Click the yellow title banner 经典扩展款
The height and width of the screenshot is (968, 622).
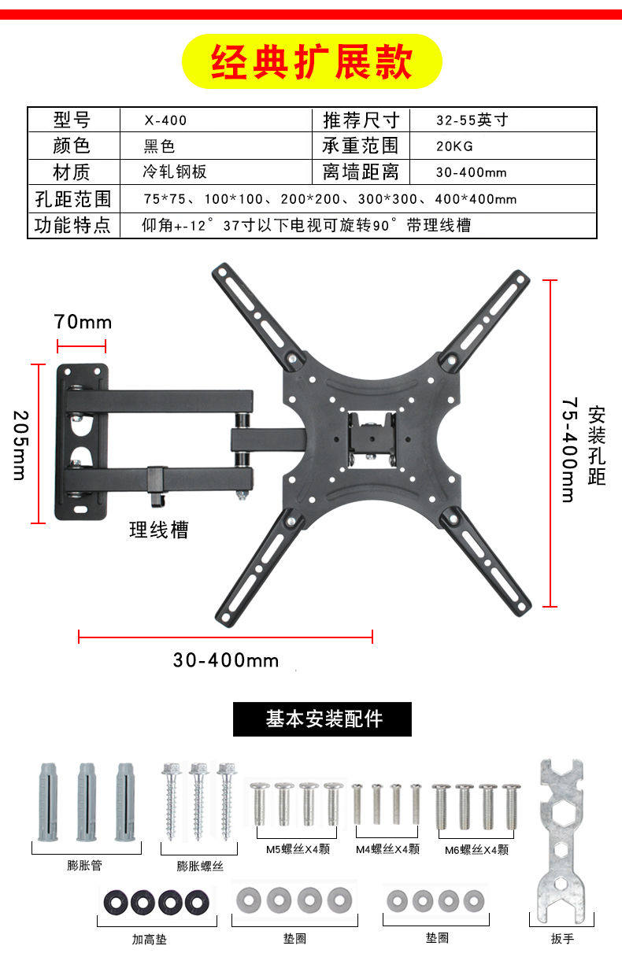coord(312,62)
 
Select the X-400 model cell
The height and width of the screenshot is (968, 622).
coord(165,121)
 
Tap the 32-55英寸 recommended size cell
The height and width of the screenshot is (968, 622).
coord(472,120)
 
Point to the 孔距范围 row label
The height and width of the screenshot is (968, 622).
coord(73,198)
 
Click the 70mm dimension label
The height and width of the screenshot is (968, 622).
coord(83,322)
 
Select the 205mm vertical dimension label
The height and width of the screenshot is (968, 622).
coord(20,444)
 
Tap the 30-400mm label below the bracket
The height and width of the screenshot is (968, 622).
coord(226,659)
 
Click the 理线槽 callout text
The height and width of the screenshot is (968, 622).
coord(159,530)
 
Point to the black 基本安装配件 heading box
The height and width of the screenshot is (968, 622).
coord(322,719)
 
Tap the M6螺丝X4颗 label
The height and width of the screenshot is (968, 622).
coord(476,850)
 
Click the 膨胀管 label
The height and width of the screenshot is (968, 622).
coord(84,866)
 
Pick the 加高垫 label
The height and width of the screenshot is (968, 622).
coord(149,939)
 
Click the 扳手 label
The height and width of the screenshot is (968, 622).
coord(562,939)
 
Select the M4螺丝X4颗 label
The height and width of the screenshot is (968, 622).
coord(387,849)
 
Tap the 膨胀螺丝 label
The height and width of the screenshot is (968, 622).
coord(200,866)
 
